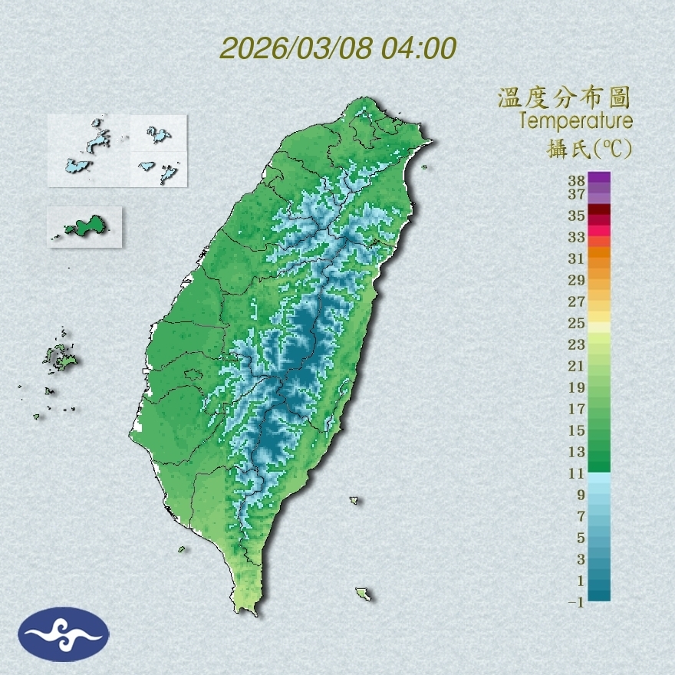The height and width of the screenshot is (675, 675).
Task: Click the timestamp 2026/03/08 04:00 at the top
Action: (338, 48)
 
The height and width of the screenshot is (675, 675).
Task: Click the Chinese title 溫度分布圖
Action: (565, 98)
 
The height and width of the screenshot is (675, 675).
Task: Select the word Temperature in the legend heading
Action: (575, 121)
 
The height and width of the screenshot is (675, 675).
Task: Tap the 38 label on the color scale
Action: (577, 180)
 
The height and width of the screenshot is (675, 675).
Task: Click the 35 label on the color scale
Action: (577, 216)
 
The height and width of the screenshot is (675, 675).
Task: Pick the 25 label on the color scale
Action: (577, 323)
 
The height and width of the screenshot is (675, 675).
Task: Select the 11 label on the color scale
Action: (577, 473)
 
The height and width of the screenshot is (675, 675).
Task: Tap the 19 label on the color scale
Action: (577, 387)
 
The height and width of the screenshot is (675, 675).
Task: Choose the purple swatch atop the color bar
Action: (599, 178)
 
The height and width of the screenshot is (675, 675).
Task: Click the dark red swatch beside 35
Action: (599, 210)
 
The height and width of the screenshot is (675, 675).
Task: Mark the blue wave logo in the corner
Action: (64, 634)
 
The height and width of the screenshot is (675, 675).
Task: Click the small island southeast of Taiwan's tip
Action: (363, 594)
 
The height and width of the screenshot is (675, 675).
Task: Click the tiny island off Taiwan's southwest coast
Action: (182, 548)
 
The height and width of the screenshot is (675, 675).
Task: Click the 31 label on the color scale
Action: (577, 258)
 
